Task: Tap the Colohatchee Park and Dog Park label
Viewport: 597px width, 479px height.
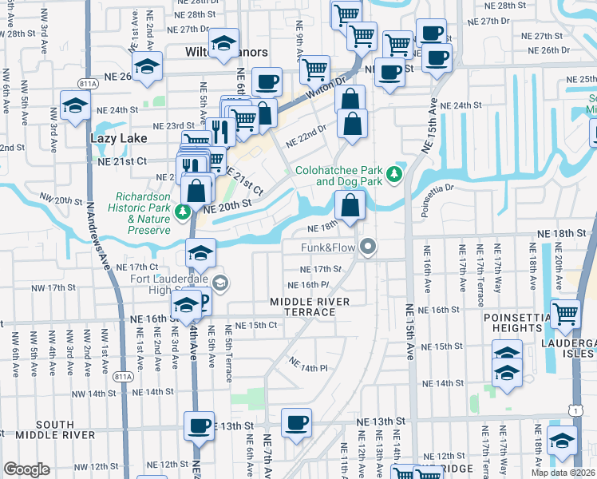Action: tap(338, 176)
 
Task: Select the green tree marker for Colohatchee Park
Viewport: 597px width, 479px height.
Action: tap(393, 174)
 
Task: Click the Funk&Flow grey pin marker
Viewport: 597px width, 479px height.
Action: tap(368, 247)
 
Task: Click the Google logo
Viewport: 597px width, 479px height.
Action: tap(26, 469)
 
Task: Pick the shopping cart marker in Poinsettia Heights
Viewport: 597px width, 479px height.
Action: tap(565, 314)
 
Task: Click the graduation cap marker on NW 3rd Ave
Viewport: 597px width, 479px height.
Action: tap(75, 106)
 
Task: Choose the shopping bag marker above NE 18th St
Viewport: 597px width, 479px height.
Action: tap(350, 206)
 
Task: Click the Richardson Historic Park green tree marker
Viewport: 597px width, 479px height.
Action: tap(183, 212)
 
